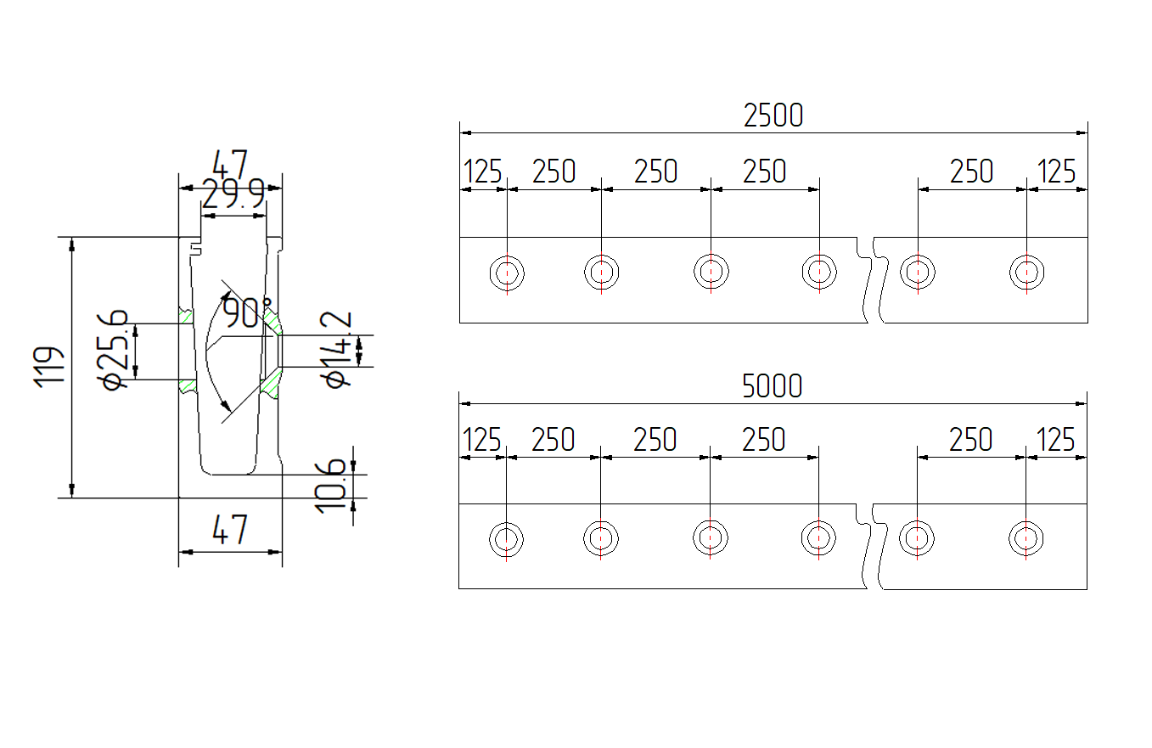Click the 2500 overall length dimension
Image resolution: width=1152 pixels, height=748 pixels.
[773, 115]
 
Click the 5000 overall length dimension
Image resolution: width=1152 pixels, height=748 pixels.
[772, 387]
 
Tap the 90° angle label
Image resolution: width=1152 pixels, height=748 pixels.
[247, 312]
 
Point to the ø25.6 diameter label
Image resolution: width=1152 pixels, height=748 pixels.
[115, 349]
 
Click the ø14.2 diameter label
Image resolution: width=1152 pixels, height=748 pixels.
[337, 349]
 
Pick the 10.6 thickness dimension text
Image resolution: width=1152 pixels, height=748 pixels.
[332, 485]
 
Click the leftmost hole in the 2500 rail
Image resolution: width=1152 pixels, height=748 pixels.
[507, 273]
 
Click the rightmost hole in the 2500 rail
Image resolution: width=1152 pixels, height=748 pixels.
[1026, 273]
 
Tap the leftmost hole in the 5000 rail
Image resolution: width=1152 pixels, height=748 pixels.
[506, 538]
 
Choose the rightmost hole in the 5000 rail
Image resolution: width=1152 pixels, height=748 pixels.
[1026, 538]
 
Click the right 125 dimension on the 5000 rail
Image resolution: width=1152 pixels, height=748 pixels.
[1056, 440]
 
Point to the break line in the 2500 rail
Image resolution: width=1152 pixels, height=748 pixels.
[870, 280]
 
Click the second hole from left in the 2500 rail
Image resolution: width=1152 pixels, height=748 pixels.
[601, 273]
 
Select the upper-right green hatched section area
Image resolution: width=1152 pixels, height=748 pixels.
[272, 321]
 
